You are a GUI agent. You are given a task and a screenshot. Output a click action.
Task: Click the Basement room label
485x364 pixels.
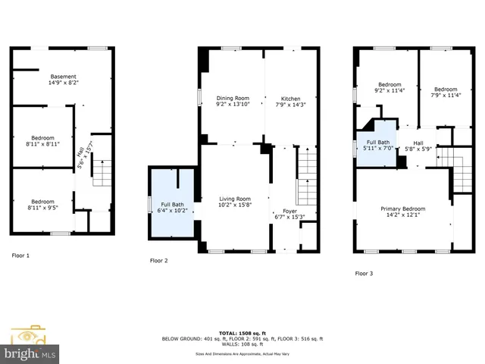tap(64, 77)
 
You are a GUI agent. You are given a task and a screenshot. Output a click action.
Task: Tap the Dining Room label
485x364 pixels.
tap(233, 99)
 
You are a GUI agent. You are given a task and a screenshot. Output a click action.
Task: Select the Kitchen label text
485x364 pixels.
tap(291, 99)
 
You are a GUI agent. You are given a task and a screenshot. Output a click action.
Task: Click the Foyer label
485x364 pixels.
tap(290, 212)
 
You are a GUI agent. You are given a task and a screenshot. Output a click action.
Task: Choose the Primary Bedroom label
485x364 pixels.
tap(402, 209)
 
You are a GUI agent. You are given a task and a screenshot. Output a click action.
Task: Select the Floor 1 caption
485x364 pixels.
tap(20, 256)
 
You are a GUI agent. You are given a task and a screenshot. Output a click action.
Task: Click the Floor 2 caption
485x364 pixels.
tap(159, 260)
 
